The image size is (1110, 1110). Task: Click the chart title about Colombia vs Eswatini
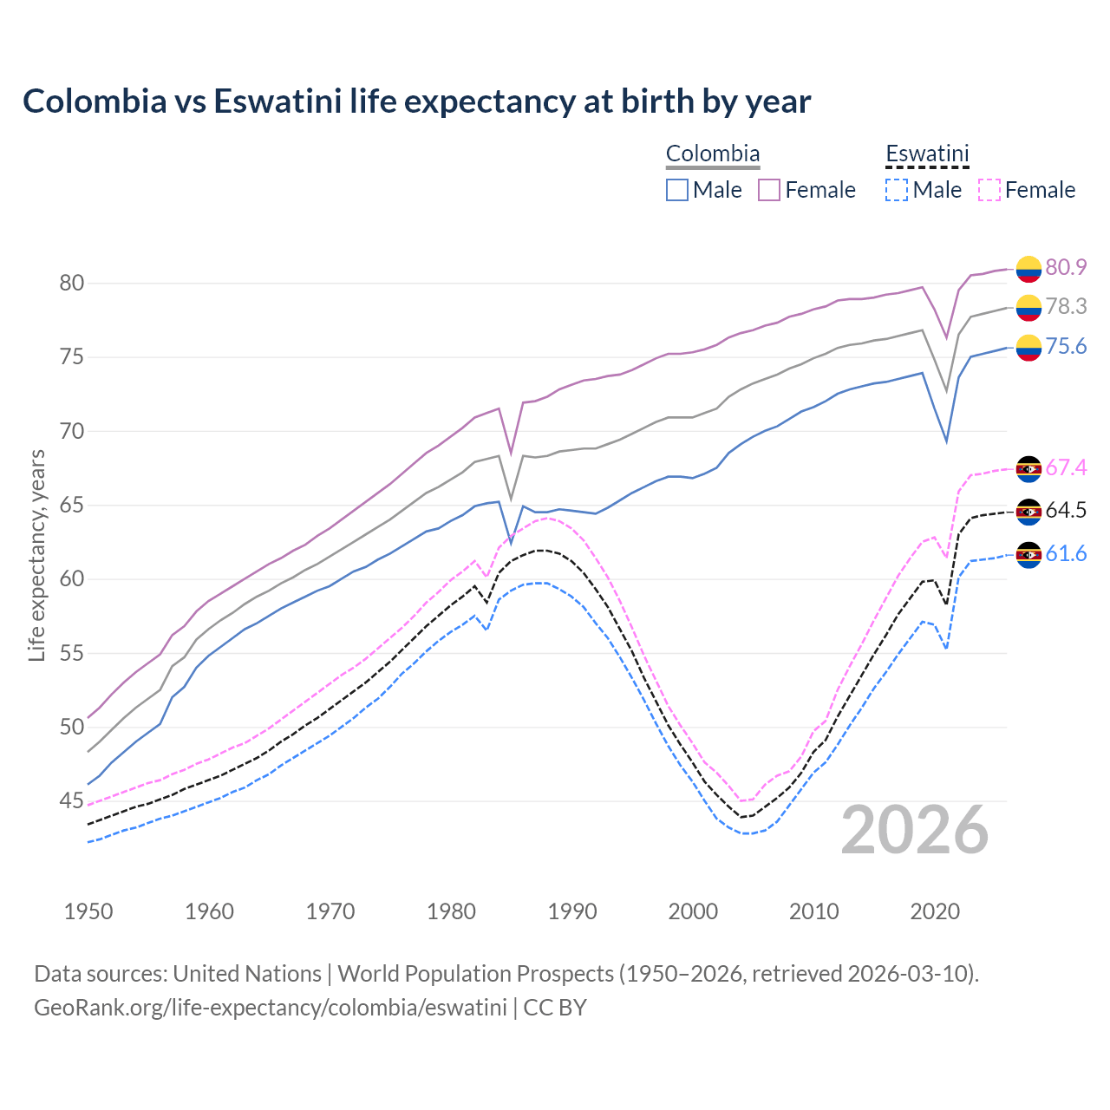pyautogui.click(x=416, y=101)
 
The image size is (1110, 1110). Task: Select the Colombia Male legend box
pyautogui.click(x=677, y=190)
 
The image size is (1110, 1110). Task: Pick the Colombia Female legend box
pyautogui.click(x=769, y=190)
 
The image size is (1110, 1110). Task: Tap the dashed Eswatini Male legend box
pyautogui.click(x=897, y=190)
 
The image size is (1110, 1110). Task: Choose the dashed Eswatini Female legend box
pyautogui.click(x=989, y=190)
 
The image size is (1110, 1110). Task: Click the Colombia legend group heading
pyautogui.click(x=713, y=154)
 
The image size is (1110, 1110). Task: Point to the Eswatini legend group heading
pyautogui.click(x=927, y=154)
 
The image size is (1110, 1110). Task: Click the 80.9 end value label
pyautogui.click(x=1066, y=267)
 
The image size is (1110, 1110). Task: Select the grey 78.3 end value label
pyautogui.click(x=1066, y=306)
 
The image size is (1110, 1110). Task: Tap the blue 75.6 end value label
pyautogui.click(x=1066, y=347)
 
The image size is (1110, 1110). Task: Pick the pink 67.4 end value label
pyautogui.click(x=1066, y=468)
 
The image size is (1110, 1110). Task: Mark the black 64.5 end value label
pyautogui.click(x=1066, y=510)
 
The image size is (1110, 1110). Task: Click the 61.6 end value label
pyautogui.click(x=1066, y=553)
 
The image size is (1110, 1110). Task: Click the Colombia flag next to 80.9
pyautogui.click(x=1028, y=269)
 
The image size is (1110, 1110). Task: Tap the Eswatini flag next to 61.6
pyautogui.click(x=1028, y=555)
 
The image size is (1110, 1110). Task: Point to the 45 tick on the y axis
pyautogui.click(x=71, y=800)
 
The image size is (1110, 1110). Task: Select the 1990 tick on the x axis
pyautogui.click(x=572, y=911)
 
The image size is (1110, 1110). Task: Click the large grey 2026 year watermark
pyautogui.click(x=915, y=830)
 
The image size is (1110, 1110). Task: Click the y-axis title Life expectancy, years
pyautogui.click(x=36, y=555)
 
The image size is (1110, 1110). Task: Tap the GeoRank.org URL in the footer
pyautogui.click(x=271, y=1008)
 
